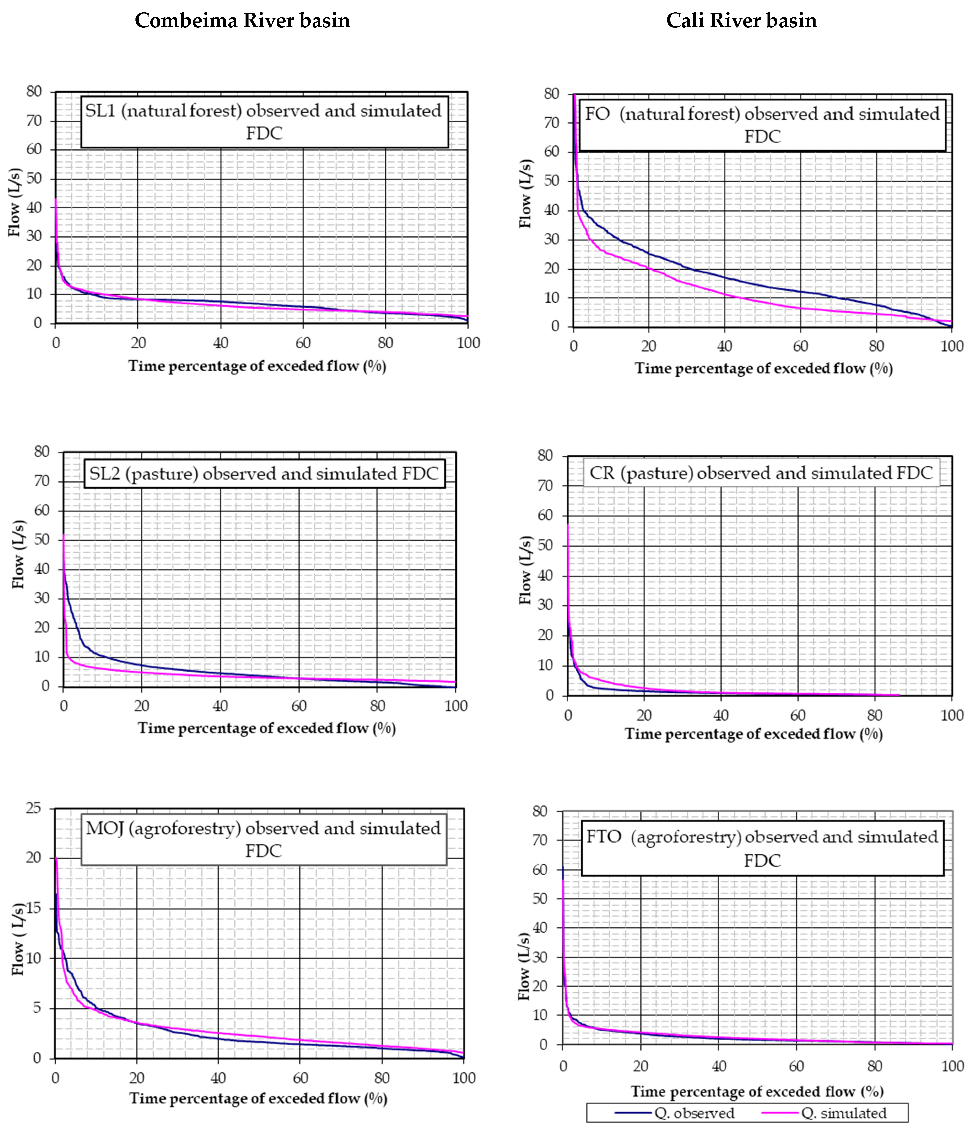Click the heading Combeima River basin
(242, 21)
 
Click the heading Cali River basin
(741, 21)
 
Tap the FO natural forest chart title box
(762, 125)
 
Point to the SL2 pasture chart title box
(264, 473)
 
